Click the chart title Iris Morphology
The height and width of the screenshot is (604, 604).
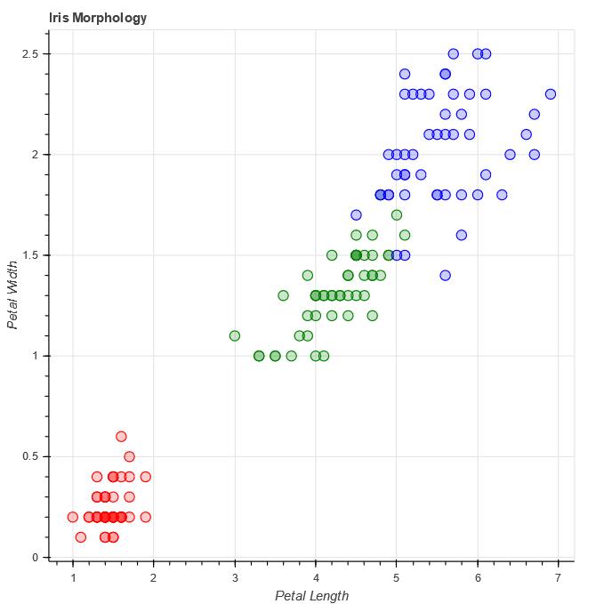(98, 18)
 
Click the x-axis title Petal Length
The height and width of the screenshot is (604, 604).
(311, 596)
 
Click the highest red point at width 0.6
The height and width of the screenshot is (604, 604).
(121, 437)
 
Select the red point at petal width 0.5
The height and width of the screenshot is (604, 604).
(129, 456)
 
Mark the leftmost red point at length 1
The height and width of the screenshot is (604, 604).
(73, 517)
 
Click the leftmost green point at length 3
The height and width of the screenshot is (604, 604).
(235, 336)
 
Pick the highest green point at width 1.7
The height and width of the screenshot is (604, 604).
(397, 215)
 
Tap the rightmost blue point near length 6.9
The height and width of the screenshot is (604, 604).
(551, 94)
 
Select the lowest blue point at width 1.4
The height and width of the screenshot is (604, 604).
(445, 276)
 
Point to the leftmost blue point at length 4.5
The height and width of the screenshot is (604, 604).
(356, 215)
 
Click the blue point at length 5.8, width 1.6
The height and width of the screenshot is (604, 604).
(462, 235)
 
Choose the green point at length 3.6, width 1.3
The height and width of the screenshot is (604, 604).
(283, 295)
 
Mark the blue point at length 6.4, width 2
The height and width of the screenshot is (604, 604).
(510, 155)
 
